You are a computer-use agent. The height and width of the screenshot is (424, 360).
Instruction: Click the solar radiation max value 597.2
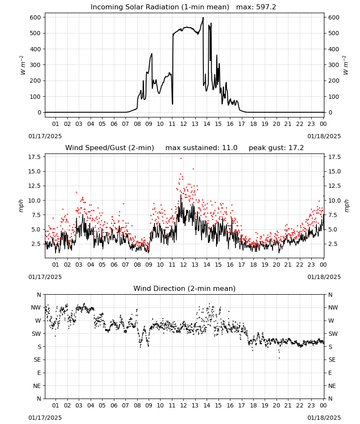266,7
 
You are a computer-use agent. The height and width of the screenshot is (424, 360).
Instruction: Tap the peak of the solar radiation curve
203,17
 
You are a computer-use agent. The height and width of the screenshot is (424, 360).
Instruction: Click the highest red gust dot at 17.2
181,158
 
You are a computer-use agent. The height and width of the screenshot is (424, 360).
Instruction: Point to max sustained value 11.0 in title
230,148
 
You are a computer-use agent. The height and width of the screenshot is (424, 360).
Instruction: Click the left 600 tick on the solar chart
36,17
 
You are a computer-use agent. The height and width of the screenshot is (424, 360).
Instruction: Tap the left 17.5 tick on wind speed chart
35,157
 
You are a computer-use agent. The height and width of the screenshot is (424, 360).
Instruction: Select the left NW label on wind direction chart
36,307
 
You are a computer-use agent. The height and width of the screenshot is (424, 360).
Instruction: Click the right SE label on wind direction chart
332,360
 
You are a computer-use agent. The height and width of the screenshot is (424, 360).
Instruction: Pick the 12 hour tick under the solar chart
183,124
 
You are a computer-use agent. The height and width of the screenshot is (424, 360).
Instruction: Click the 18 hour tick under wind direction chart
253,405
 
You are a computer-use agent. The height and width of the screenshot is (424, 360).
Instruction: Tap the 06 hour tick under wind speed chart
114,265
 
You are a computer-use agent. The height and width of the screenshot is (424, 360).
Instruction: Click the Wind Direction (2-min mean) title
185,288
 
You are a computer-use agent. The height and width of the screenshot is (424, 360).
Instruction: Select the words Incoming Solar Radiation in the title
135,7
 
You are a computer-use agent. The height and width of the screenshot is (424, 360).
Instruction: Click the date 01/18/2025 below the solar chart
324,136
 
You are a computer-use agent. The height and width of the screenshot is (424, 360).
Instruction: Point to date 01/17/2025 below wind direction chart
45,418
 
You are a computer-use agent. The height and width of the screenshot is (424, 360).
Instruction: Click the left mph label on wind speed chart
21,206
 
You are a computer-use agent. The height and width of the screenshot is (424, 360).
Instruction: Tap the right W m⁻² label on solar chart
346,65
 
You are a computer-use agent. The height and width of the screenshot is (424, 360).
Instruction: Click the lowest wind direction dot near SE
279,358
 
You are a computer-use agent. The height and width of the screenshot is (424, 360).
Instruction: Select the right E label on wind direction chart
330,373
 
